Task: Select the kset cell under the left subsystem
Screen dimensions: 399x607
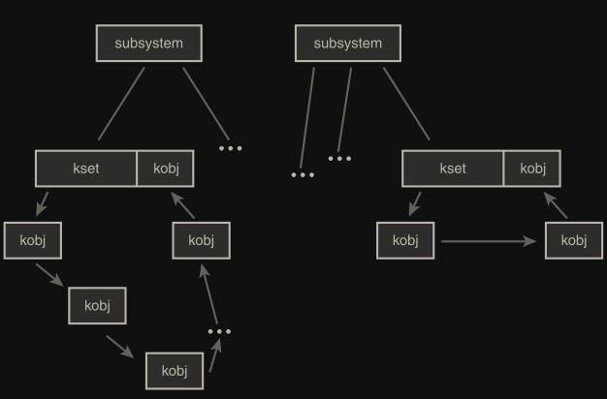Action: [86, 169]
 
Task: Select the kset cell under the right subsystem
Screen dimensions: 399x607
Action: [453, 169]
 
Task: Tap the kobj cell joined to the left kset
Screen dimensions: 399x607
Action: [165, 169]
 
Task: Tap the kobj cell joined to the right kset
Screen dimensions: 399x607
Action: [532, 169]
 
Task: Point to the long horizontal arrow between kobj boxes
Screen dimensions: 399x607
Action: [488, 240]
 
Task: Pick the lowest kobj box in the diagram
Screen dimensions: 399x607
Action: [174, 371]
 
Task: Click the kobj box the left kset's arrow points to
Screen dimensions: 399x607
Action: [32, 240]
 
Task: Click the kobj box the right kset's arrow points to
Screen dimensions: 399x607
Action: [405, 240]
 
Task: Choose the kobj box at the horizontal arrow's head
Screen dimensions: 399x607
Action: [574, 240]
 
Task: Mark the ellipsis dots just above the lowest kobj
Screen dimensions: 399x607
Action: [219, 331]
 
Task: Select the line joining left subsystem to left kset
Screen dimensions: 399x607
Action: [121, 104]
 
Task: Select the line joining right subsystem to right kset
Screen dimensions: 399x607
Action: [405, 104]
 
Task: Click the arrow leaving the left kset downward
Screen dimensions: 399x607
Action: [42, 203]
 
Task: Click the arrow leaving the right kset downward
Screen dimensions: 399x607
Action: [415, 203]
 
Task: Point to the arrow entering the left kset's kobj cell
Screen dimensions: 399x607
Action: [183, 204]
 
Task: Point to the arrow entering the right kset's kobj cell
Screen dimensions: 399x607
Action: [556, 204]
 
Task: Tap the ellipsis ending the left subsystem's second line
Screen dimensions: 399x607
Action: [230, 148]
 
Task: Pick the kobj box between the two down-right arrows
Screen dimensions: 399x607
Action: [97, 306]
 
